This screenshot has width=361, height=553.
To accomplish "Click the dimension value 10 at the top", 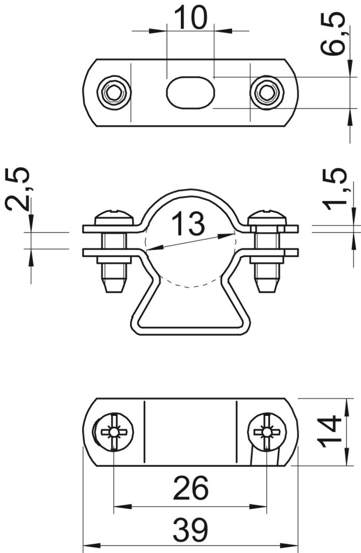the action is [x=190, y=17].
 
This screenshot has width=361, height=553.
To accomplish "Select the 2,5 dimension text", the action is [x=17, y=190].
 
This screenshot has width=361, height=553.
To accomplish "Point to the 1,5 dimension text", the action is [x=334, y=190].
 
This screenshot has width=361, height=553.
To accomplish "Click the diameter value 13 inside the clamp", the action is [x=188, y=224].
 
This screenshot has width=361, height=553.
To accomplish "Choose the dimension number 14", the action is [x=329, y=431].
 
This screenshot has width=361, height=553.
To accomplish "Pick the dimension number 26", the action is [x=190, y=488].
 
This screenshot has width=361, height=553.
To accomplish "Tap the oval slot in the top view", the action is [x=190, y=92].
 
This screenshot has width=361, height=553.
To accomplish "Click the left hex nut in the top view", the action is [x=114, y=93].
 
